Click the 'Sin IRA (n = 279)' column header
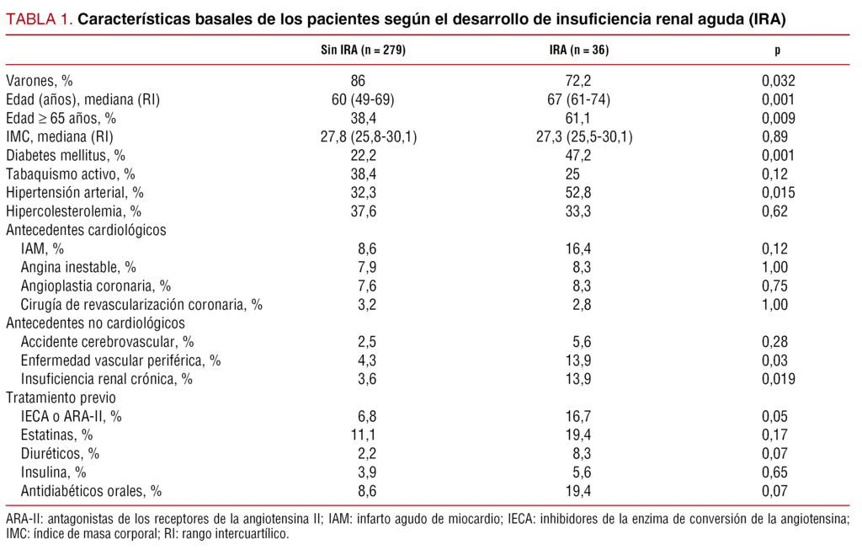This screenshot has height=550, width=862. pyautogui.click(x=364, y=51)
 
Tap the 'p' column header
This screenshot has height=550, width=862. pyautogui.click(x=777, y=51)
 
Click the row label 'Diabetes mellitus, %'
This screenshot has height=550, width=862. pyautogui.click(x=66, y=156)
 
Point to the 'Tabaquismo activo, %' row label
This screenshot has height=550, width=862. pyautogui.click(x=70, y=174)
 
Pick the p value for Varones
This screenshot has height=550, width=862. pyautogui.click(x=777, y=81)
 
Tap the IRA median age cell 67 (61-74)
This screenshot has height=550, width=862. pyautogui.click(x=579, y=99)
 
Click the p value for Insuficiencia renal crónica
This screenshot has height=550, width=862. pyautogui.click(x=777, y=379)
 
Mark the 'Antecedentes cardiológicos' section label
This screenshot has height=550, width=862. pyautogui.click(x=86, y=230)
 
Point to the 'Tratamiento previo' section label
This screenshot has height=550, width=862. pyautogui.click(x=61, y=398)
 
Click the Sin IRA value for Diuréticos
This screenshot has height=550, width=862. pyautogui.click(x=364, y=453)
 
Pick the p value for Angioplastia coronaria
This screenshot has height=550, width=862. pyautogui.click(x=777, y=286)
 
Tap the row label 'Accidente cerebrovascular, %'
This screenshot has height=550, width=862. pyautogui.click(x=108, y=342)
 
